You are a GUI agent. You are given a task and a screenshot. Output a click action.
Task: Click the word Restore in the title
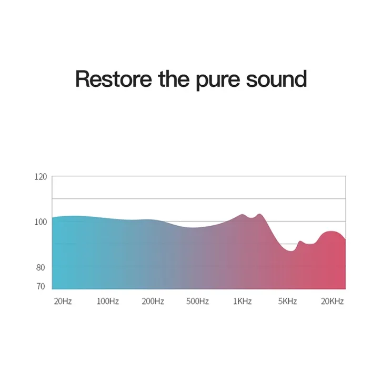pos(114,79)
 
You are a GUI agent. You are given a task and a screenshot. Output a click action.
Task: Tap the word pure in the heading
pos(218,81)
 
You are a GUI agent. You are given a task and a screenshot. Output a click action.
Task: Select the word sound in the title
pos(276,79)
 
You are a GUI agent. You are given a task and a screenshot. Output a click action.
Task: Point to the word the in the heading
pos(174,79)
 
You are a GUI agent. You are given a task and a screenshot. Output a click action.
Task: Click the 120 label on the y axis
pos(41,177)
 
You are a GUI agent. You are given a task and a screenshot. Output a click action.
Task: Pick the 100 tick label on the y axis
pos(41,222)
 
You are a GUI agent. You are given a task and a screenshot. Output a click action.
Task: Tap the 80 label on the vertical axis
pos(41,267)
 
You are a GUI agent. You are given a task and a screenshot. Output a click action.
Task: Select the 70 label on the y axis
pos(41,286)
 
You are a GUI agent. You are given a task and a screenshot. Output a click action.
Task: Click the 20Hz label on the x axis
pos(63,301)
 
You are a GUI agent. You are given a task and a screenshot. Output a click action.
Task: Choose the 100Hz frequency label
pos(108,301)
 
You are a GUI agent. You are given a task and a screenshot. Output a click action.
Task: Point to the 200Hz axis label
pos(153,301)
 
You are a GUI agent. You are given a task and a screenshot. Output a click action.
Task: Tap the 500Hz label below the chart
pos(198,301)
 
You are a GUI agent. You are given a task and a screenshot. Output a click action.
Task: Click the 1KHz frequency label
pos(243,301)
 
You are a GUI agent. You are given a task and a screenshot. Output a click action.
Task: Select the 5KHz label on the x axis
pos(287,301)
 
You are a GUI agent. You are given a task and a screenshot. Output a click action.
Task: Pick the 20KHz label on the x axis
pos(333,301)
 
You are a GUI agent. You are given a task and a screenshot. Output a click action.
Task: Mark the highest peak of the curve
pos(259,214)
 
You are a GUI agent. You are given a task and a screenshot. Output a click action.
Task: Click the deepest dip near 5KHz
pos(291,251)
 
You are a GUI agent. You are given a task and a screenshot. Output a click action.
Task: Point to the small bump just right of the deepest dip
pos(300,242)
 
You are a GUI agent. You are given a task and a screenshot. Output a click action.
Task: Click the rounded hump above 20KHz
pos(331,231)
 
